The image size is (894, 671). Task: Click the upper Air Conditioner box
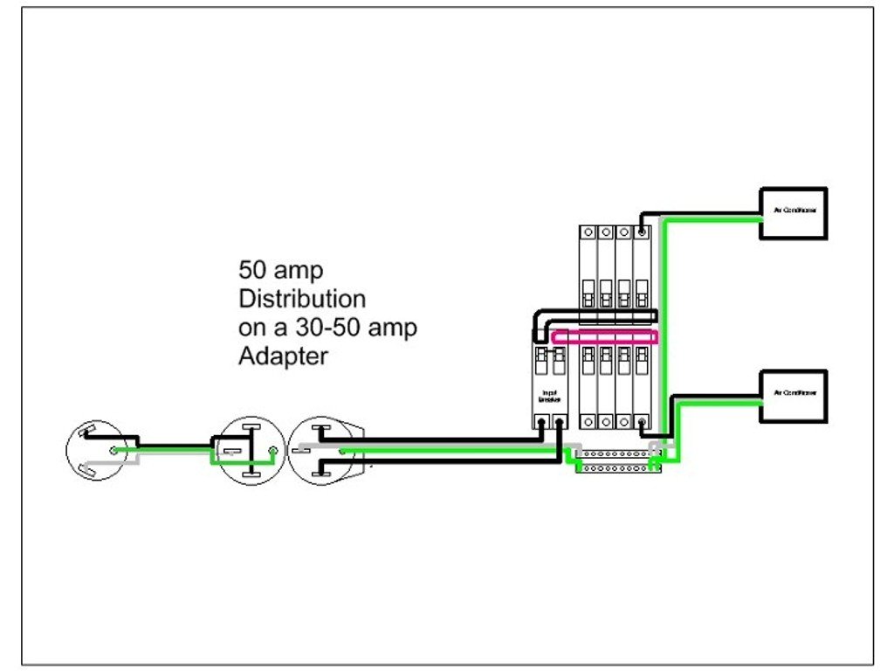(x=793, y=213)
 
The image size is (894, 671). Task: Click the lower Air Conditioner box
(x=793, y=397)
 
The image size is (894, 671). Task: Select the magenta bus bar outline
(x=605, y=337)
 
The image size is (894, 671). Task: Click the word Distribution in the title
(x=302, y=299)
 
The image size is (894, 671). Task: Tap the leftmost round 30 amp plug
(x=95, y=450)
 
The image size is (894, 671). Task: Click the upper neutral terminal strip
(x=616, y=454)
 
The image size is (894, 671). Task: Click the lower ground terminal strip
(x=616, y=468)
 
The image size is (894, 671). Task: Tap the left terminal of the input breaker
(x=542, y=422)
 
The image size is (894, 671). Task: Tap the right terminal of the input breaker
(x=559, y=422)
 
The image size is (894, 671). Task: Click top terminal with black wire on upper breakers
(x=643, y=232)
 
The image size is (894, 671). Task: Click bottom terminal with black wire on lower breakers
(x=643, y=422)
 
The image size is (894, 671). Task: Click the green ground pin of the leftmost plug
(x=113, y=451)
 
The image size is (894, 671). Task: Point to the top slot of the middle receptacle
(x=251, y=428)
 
